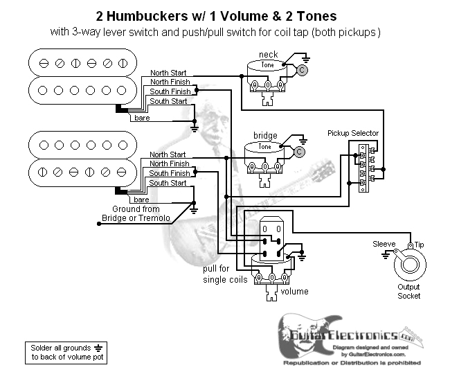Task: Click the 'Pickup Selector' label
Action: point(353,132)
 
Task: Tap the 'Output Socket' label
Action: point(408,291)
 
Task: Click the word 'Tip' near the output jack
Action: point(420,245)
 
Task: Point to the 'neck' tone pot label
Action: point(268,55)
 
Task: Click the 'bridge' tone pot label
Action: point(265,135)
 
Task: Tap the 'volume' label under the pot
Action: point(294,292)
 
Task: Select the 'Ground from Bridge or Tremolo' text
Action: point(135,214)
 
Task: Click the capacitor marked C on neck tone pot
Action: point(302,70)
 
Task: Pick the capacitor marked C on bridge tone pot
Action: point(299,152)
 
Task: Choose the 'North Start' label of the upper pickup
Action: point(168,73)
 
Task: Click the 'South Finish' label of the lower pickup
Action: point(169,174)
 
